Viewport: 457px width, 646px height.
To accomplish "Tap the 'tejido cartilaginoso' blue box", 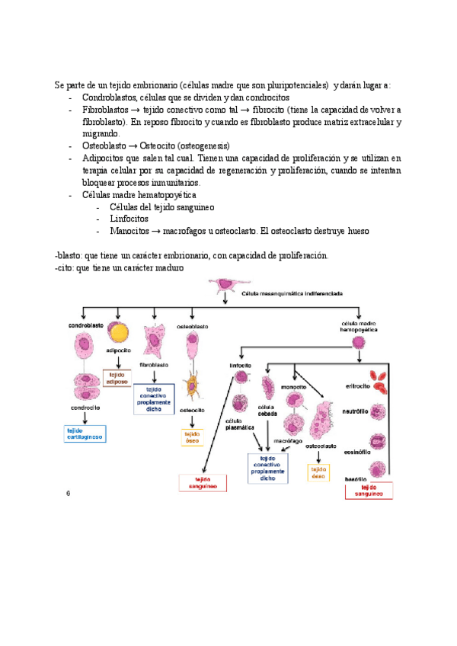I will pyautogui.click(x=85, y=433).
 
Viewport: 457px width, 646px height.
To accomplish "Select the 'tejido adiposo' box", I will pyautogui.click(x=117, y=378).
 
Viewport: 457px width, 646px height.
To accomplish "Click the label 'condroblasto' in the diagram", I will pyautogui.click(x=86, y=325).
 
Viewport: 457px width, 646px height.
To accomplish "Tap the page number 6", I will pyautogui.click(x=69, y=494).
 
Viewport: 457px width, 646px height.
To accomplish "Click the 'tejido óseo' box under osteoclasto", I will pyautogui.click(x=318, y=472).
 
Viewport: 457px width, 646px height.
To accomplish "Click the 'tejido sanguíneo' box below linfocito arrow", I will pyautogui.click(x=198, y=482).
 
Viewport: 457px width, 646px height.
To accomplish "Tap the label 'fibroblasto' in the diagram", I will pyautogui.click(x=154, y=365).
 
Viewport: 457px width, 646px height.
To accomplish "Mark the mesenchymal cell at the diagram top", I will pyautogui.click(x=225, y=285).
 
